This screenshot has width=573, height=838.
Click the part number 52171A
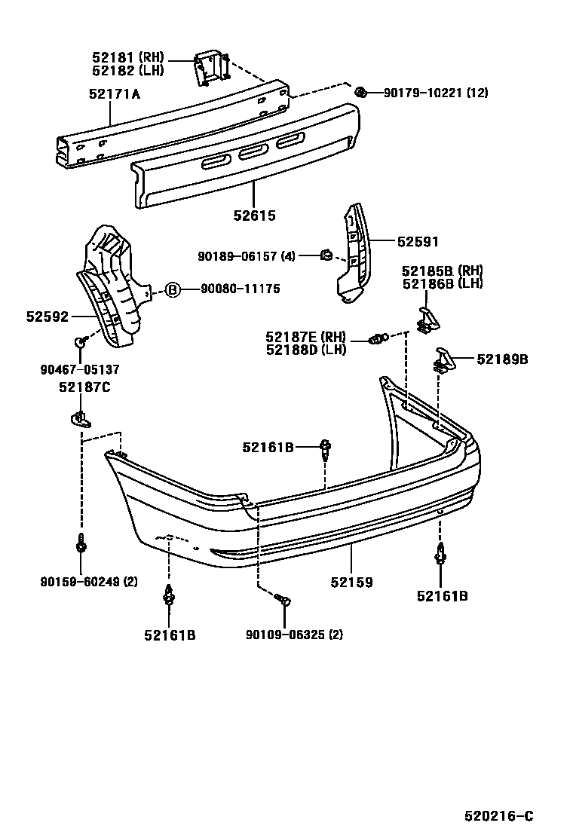115,93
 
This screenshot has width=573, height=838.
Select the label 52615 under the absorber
254,216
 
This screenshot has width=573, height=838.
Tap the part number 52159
351,583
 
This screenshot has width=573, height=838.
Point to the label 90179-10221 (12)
435,93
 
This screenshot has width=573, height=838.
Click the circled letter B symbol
173,289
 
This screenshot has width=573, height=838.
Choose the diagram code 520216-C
498,815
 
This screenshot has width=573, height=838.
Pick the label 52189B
502,359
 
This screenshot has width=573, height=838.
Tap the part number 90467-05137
78,369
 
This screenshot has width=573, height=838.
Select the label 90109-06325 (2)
294,635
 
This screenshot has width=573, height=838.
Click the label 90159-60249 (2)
89,581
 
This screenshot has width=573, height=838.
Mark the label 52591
418,242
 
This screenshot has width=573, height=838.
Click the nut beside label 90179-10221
361,93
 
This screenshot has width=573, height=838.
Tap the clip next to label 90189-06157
326,255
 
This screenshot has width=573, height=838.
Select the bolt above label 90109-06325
283,600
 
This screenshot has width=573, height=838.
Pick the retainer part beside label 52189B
443,360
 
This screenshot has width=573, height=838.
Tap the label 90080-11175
239,289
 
